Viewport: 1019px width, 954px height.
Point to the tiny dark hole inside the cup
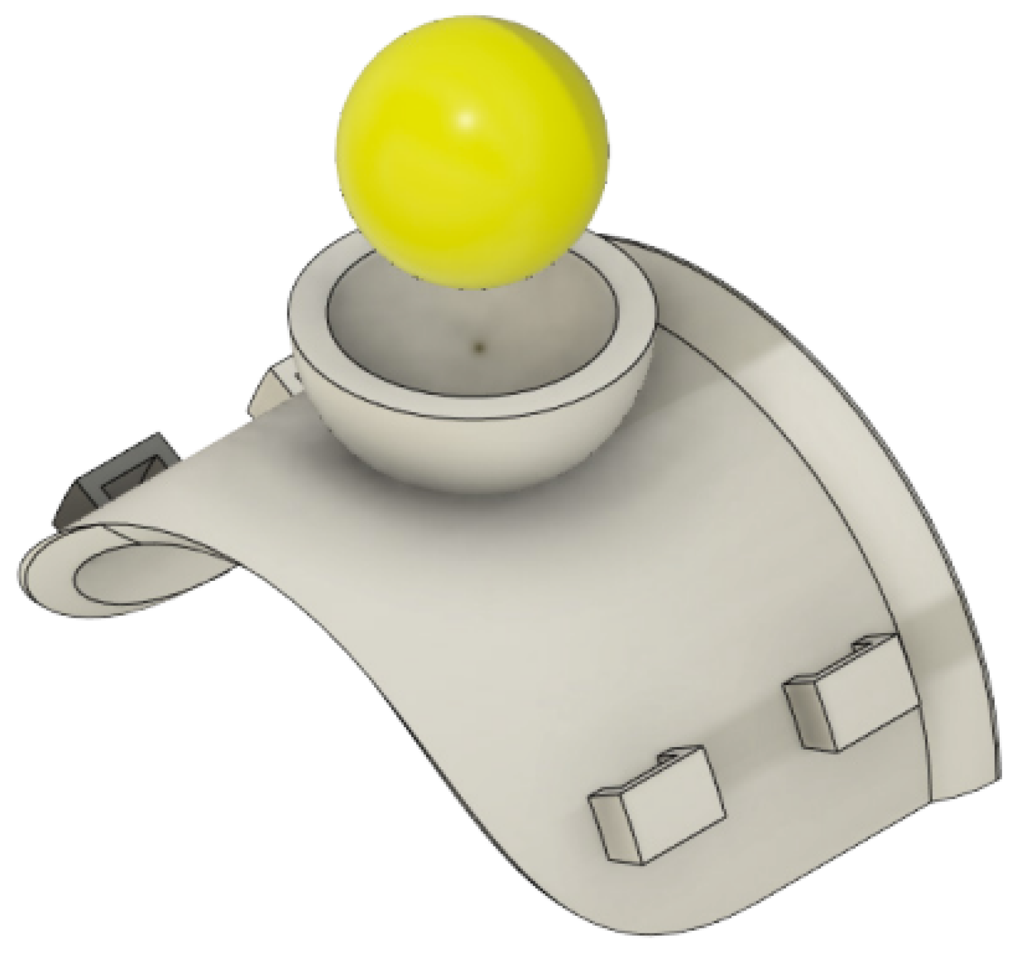click(x=479, y=344)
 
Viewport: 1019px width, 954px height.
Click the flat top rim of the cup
click(x=310, y=310)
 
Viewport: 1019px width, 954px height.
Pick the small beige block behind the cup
click(x=272, y=389)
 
